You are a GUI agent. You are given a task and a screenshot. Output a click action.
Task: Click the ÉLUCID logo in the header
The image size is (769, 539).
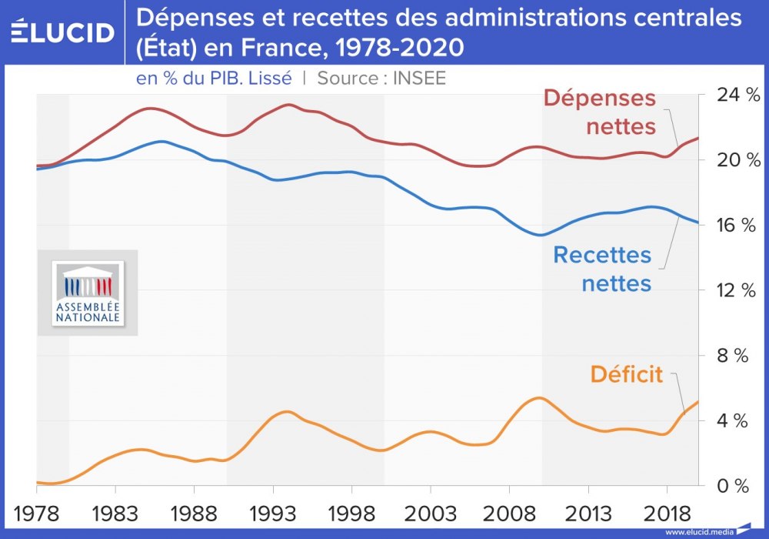click(63, 32)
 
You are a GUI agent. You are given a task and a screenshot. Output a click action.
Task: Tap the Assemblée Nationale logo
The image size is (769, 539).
click(87, 293)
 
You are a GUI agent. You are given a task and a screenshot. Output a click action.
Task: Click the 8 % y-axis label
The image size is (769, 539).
click(734, 356)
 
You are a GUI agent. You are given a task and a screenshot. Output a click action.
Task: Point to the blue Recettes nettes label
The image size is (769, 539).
click(602, 269)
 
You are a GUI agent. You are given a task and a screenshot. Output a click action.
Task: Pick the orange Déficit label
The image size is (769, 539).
click(626, 374)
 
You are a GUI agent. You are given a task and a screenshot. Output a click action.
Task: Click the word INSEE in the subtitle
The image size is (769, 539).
click(419, 78)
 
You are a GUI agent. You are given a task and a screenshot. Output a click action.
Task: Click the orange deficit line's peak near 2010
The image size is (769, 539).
click(540, 397)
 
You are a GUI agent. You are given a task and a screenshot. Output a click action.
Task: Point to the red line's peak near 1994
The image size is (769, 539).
click(288, 104)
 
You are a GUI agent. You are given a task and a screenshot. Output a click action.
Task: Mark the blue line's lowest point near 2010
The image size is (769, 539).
click(540, 235)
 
